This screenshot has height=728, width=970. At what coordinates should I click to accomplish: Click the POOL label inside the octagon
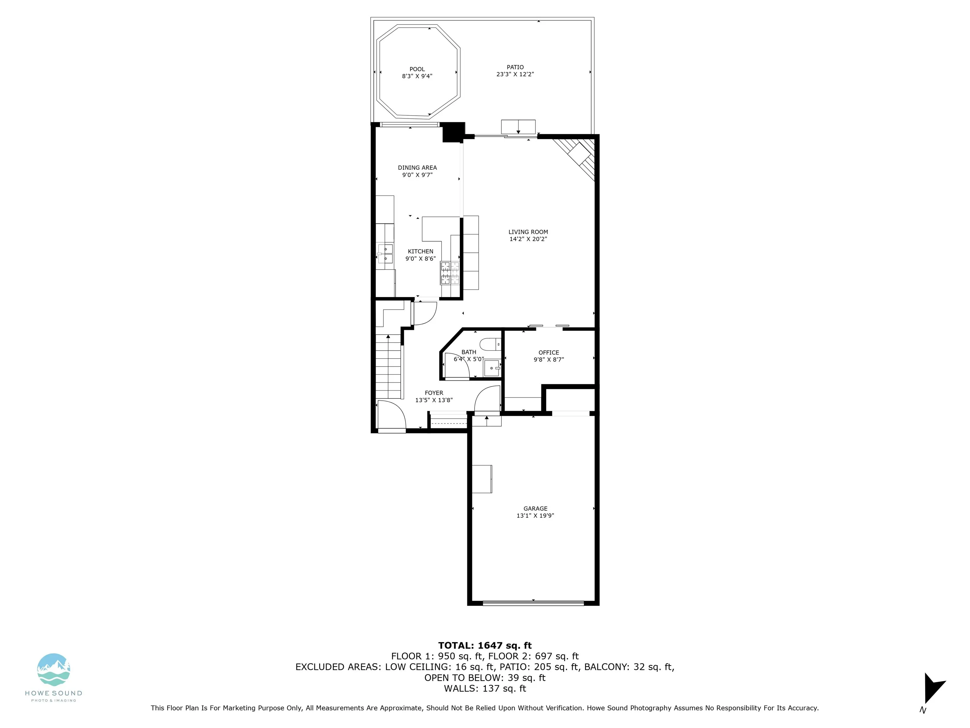[417, 69]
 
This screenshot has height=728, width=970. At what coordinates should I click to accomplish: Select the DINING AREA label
[417, 168]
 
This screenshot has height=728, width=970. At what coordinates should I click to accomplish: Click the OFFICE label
[548, 352]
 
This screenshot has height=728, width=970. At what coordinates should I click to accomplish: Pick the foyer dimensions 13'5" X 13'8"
[434, 400]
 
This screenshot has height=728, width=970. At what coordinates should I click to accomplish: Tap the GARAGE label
[535, 509]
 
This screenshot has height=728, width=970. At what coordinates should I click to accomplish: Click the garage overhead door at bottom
[533, 603]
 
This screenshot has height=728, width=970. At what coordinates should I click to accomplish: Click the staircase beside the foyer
[388, 367]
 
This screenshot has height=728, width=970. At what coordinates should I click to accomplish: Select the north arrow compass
[933, 688]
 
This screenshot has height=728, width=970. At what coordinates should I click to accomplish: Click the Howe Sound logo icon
[53, 670]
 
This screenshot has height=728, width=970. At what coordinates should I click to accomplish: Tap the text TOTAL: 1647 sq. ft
[485, 646]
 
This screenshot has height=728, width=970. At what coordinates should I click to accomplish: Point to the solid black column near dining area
[453, 132]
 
